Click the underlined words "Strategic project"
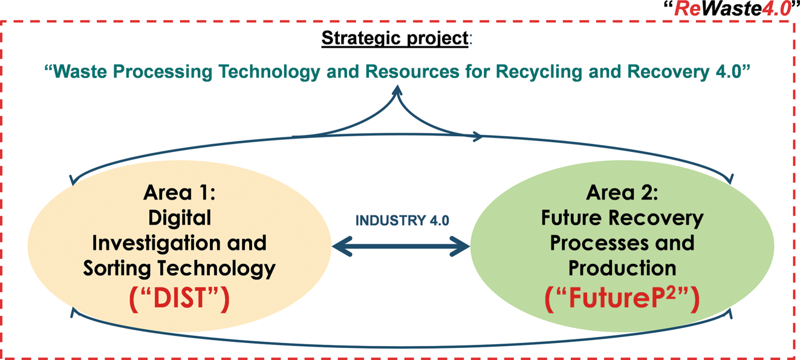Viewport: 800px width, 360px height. [x=394, y=38]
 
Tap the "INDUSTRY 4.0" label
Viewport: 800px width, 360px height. [x=402, y=221]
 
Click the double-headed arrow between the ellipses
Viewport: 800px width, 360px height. [x=402, y=246]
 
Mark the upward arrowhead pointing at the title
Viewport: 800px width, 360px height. [x=397, y=90]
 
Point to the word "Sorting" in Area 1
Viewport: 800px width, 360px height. [x=119, y=268]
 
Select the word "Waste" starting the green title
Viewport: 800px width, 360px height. [x=78, y=71]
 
